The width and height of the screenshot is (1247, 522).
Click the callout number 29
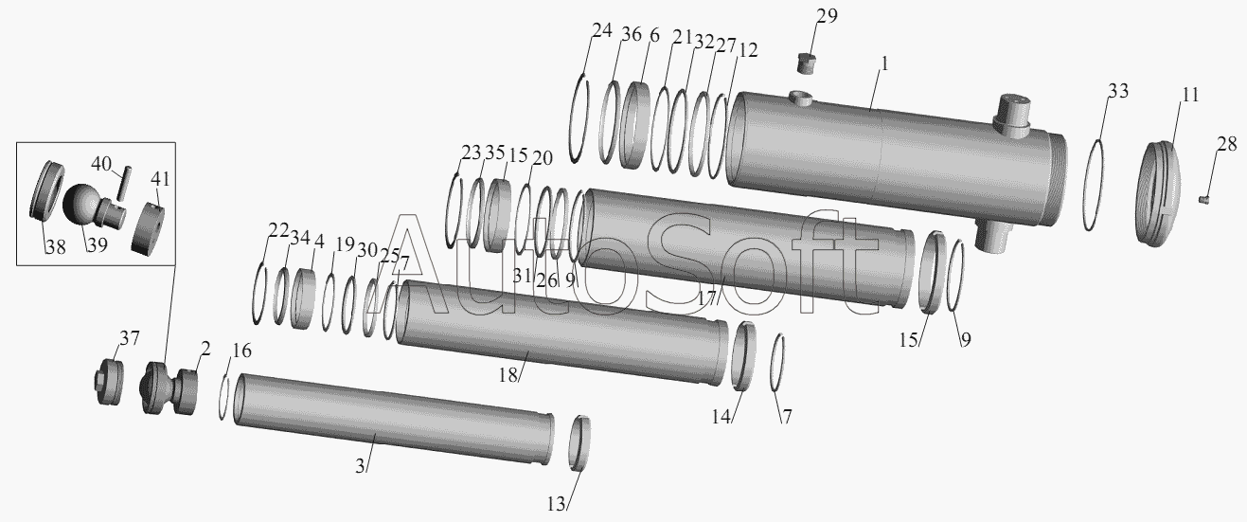point(827,16)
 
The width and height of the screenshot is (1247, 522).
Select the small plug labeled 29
point(807,63)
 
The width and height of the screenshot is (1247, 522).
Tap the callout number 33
point(1118,91)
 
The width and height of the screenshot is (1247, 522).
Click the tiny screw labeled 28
point(1204,199)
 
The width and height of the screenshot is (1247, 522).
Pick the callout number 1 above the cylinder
point(884,63)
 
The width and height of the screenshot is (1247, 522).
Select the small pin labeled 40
point(122,184)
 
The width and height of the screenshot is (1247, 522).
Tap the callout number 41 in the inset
point(160,179)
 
